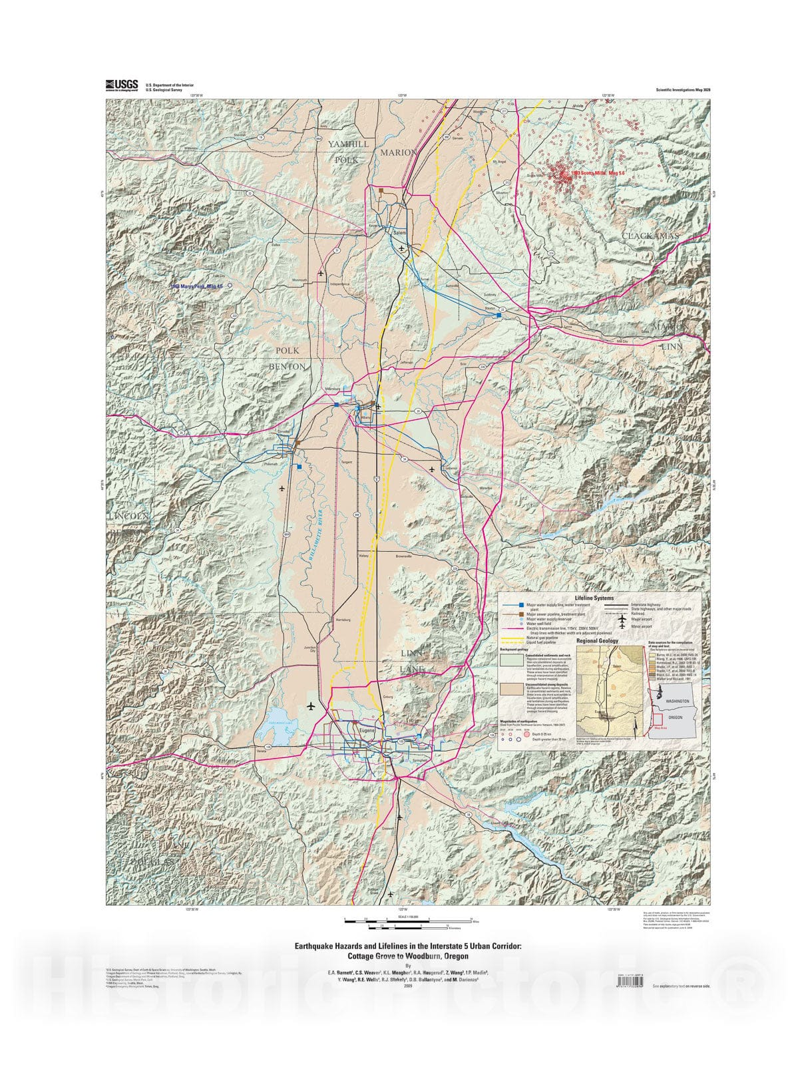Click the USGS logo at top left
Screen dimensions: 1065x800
(121, 85)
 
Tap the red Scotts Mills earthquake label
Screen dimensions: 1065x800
(594, 173)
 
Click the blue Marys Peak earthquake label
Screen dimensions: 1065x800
(195, 286)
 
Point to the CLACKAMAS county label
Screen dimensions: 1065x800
(650, 236)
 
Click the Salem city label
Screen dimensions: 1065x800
(399, 233)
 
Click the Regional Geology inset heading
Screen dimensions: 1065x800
(597, 641)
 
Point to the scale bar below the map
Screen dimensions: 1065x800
(408, 923)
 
